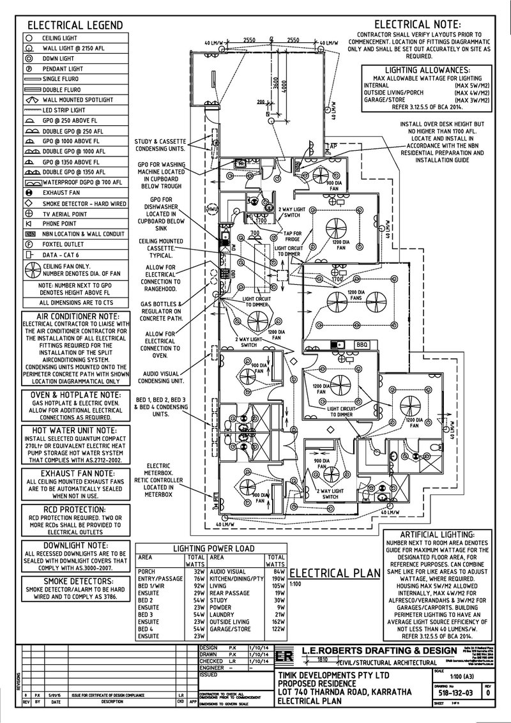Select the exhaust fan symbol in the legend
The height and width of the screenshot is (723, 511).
tap(29, 192)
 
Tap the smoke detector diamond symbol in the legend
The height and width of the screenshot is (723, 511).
tap(29, 202)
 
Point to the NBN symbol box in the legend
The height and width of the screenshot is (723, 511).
tap(29, 234)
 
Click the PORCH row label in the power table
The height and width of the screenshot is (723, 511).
tap(148, 571)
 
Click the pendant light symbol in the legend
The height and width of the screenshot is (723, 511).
tap(29, 68)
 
